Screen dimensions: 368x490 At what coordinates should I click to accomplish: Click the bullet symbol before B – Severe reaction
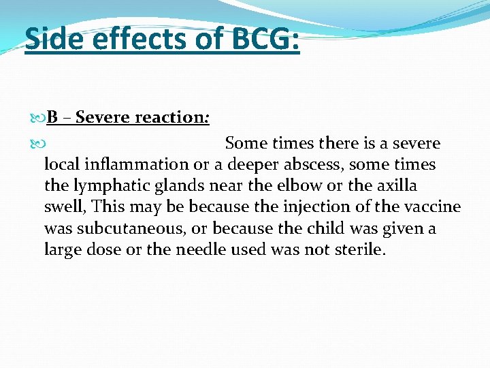point(38,118)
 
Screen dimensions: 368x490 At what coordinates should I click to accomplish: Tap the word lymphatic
point(104,185)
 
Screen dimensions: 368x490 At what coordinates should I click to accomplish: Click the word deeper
point(256,164)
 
